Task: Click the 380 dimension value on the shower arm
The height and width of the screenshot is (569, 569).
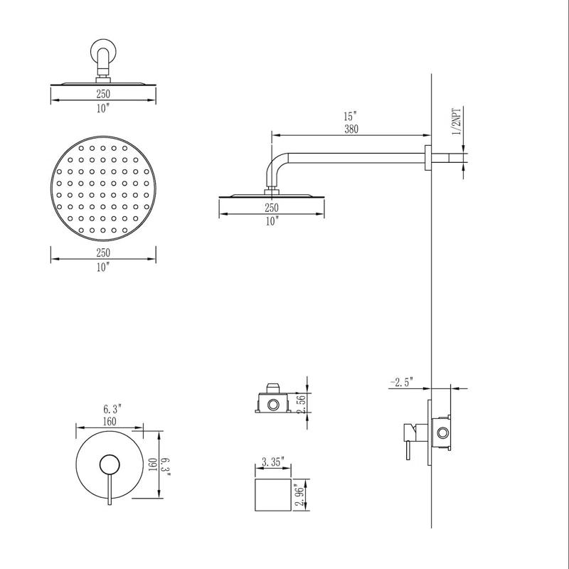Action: [x=351, y=129]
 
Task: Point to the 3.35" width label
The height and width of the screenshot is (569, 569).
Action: [x=272, y=462]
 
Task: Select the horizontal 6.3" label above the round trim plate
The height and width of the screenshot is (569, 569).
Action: [x=110, y=409]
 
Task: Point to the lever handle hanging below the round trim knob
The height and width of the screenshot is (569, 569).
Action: [x=109, y=491]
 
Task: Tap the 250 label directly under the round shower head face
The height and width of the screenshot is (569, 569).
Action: [x=103, y=253]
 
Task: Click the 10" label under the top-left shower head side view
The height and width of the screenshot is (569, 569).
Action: [x=103, y=107]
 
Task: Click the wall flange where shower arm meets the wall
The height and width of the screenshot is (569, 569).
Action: [x=427, y=158]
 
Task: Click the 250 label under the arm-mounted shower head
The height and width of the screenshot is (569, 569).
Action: [x=271, y=208]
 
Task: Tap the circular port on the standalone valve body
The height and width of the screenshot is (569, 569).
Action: [x=272, y=406]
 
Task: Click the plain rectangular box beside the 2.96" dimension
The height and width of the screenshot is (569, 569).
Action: [x=273, y=494]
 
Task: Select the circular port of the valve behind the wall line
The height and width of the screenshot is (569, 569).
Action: [x=444, y=432]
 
